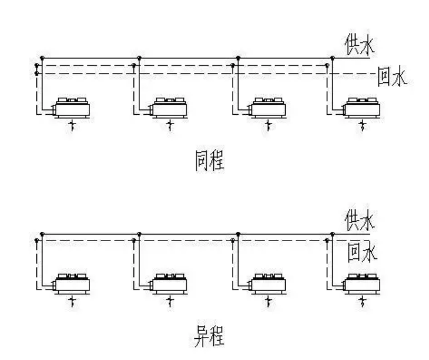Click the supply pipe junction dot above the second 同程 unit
pos(139,58)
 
